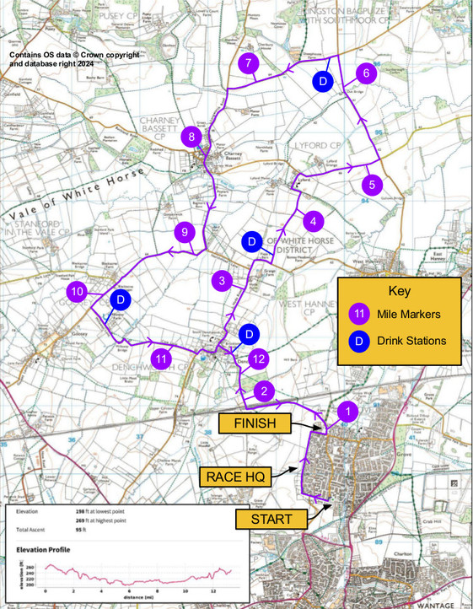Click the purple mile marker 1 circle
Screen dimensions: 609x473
tap(346, 411)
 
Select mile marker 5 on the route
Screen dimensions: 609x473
tap(372, 184)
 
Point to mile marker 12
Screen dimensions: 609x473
tap(259, 358)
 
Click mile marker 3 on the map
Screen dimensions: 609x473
tap(222, 281)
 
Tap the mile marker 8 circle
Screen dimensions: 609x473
tap(192, 136)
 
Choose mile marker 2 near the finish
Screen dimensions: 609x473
tap(266, 391)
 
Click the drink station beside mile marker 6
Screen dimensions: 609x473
tap(321, 81)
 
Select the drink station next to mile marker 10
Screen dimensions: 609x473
tap(120, 299)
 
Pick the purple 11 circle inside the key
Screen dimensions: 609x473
tap(359, 315)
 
